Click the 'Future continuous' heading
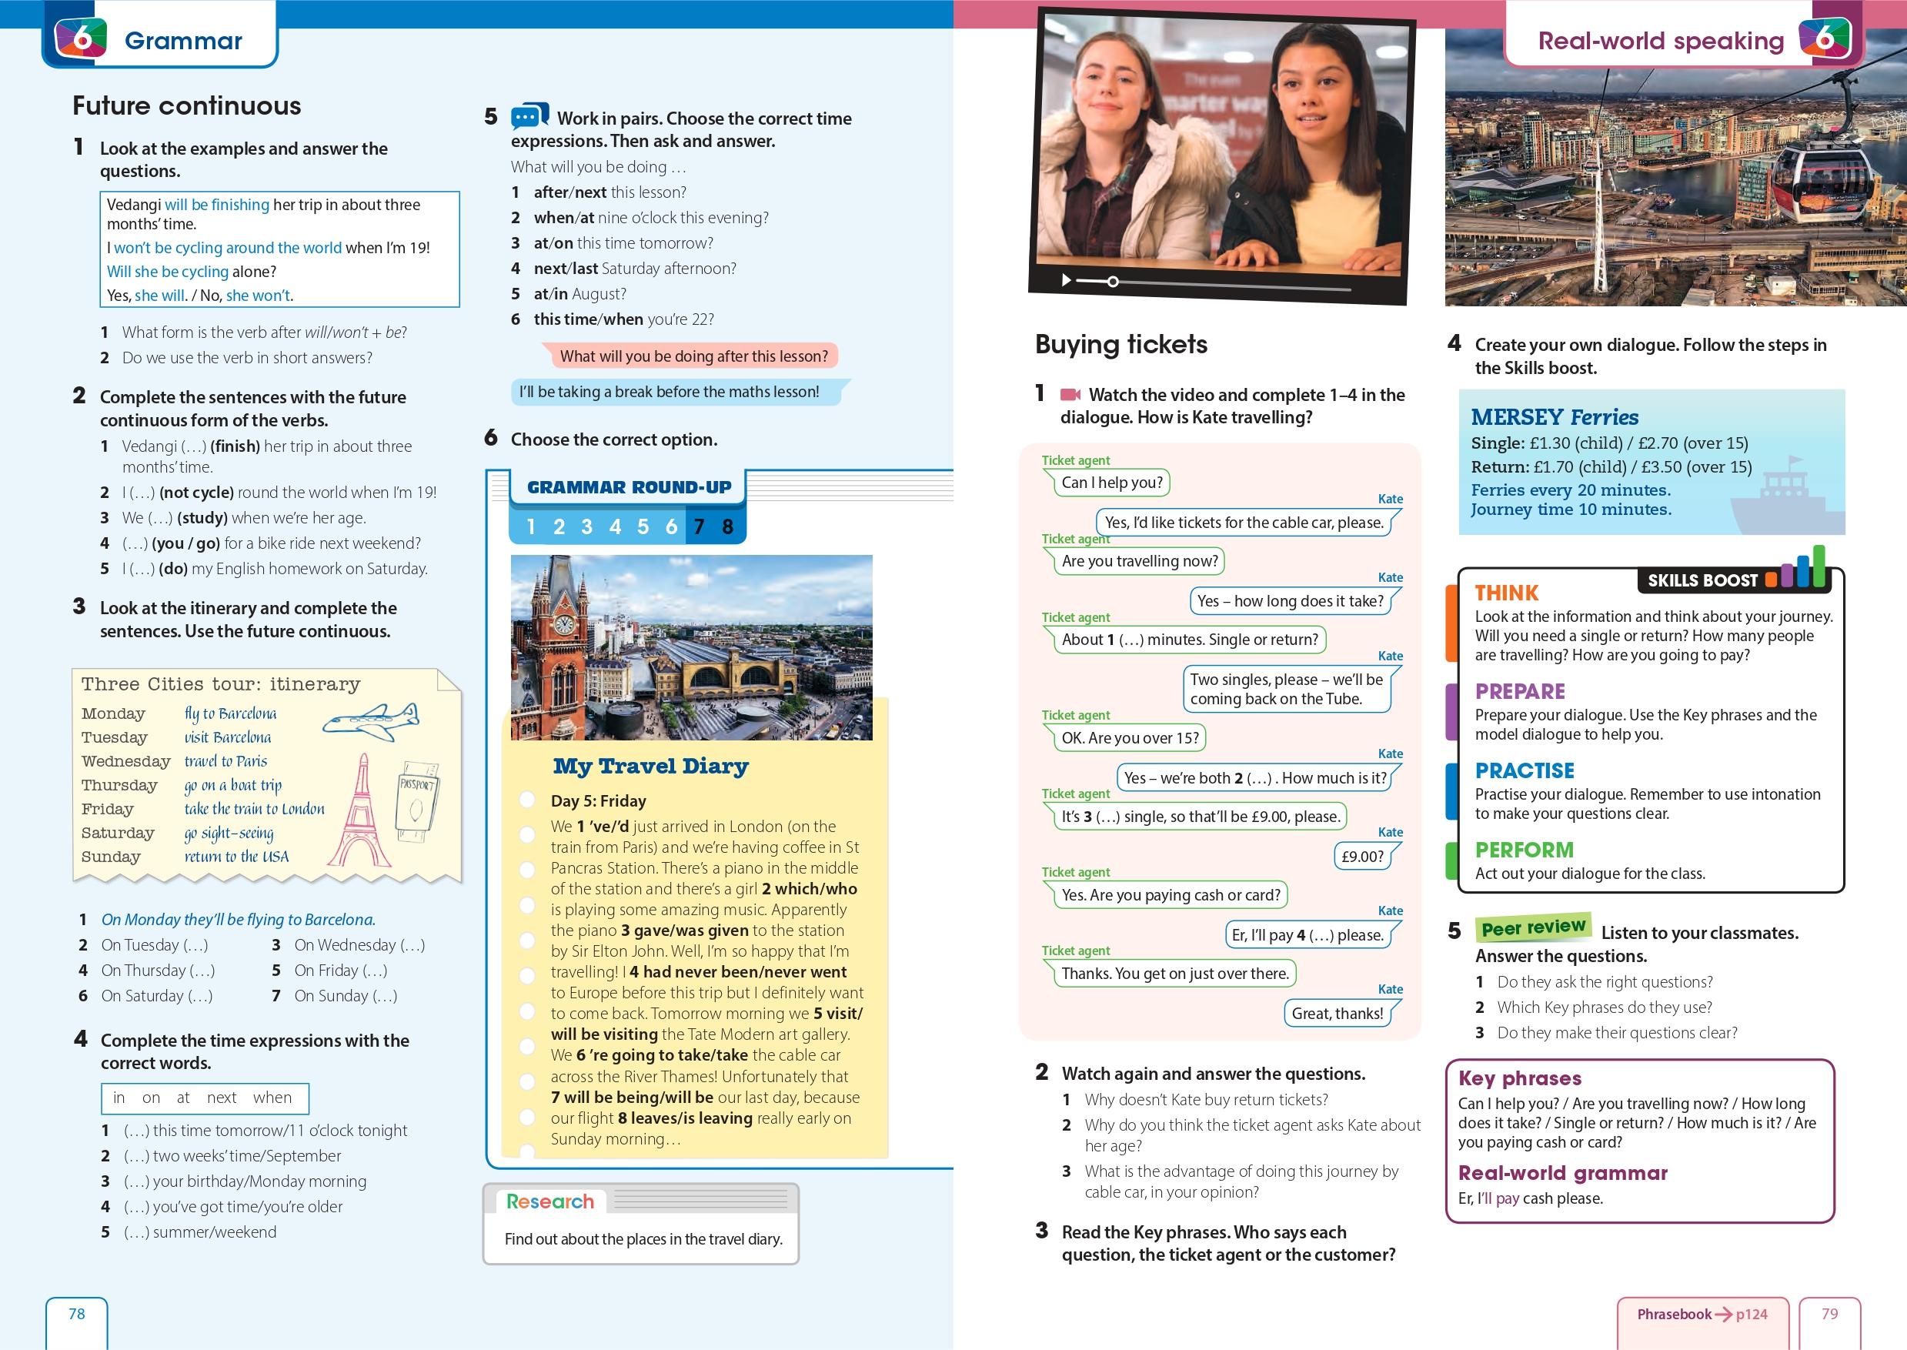186,105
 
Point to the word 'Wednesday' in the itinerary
125,761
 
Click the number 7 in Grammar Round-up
700,527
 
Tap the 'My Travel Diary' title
650,766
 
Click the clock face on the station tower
563,624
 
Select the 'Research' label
550,1201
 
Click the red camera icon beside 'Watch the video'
1070,395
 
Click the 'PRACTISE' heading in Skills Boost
1524,770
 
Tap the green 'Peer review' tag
1533,927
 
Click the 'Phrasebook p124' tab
1702,1315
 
